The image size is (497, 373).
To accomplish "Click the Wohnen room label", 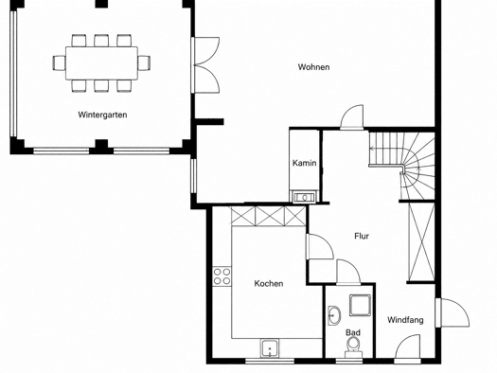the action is coord(313,67).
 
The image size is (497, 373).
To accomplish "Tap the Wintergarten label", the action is coord(102,115).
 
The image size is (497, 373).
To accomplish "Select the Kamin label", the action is coord(304,163).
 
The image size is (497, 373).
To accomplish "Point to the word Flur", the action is coord(362,236).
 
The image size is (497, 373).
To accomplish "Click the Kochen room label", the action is coord(269,283).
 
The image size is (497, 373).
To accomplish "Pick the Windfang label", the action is coord(405,320).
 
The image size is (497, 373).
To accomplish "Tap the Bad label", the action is coord(353,332).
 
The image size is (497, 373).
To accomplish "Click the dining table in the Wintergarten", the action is coord(101,63).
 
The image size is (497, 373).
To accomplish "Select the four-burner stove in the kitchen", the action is coord(222,276).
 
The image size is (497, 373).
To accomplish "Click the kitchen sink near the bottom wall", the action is coord(270,347).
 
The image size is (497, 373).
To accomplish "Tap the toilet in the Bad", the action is coord(353,347).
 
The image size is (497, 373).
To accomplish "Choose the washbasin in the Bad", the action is coord(334,315).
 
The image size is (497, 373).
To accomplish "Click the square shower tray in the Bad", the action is coord(360,305).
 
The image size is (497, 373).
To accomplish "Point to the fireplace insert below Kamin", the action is coord(304,197).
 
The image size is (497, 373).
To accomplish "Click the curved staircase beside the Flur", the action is coord(402,166).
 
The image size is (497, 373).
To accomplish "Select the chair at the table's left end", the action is coord(59,62).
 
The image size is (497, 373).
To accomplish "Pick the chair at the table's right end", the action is coord(144,62).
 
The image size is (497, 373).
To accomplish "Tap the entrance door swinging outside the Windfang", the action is coord(452,312).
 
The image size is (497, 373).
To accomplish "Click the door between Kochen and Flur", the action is coord(320,247).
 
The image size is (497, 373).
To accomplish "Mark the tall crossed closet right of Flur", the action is coord(421,242).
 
